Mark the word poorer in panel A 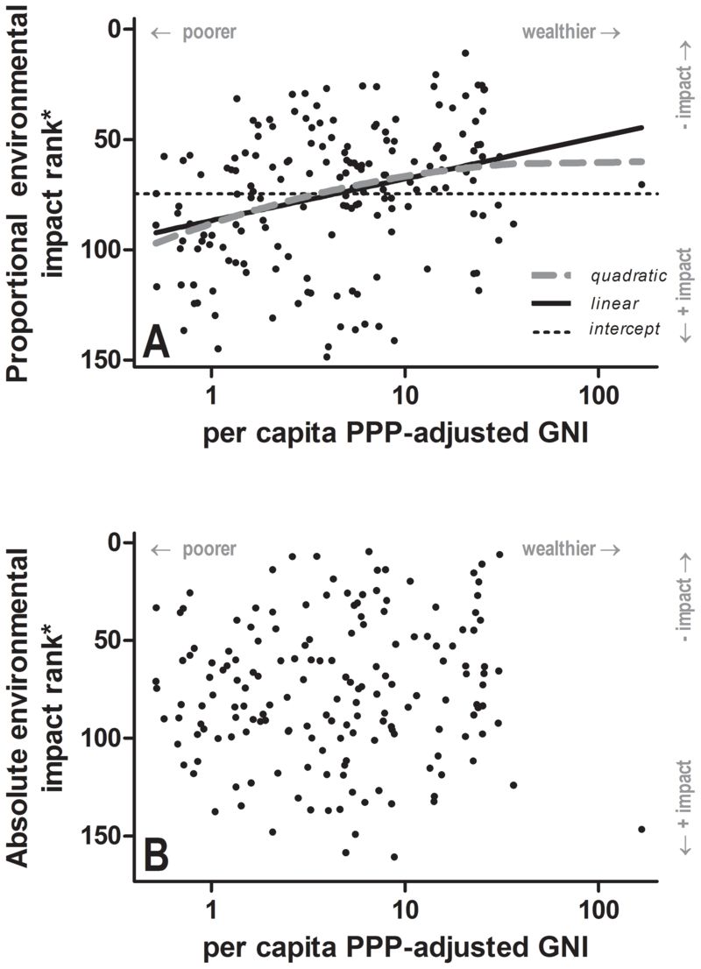point(209,32)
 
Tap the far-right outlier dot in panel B point(641,829)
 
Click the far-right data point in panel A point(641,185)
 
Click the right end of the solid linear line point(642,127)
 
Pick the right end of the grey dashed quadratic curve point(643,161)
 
